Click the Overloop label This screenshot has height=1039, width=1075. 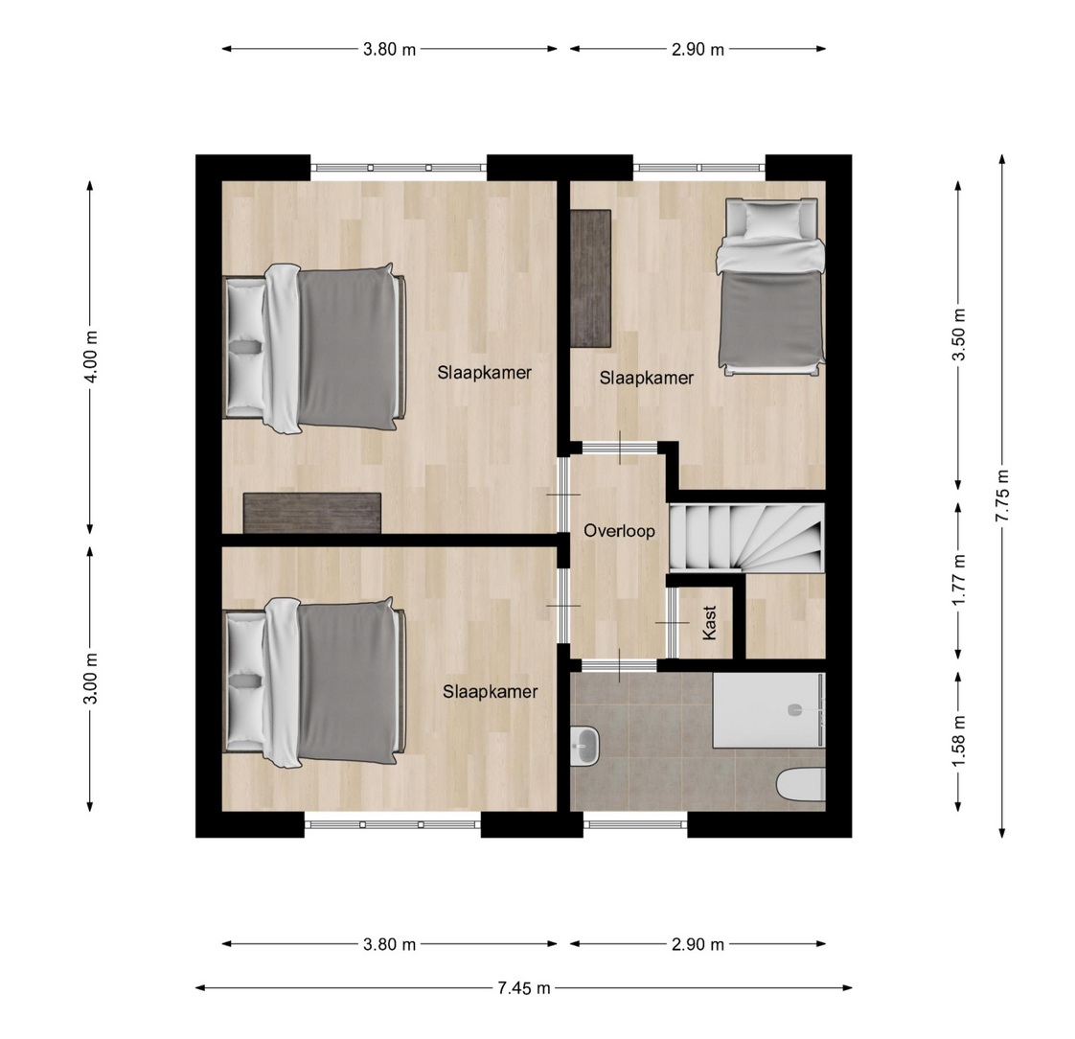point(619,531)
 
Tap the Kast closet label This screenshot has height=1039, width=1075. point(709,622)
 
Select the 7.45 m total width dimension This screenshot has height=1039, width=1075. point(524,988)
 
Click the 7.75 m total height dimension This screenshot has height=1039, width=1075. point(1002,496)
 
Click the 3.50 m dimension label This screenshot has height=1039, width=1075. point(959,334)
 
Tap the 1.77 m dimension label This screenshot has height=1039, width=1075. point(959,580)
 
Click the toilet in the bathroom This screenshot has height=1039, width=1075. point(801,785)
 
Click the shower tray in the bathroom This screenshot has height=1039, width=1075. point(768,710)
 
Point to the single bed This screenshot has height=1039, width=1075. point(770,287)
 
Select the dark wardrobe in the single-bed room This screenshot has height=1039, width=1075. point(590,278)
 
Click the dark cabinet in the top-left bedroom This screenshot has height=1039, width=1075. point(312,512)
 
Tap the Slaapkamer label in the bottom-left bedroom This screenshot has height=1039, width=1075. point(491,691)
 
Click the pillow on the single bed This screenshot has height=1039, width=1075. point(772,220)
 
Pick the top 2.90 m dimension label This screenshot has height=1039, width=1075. point(698,50)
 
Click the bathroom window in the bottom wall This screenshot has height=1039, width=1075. point(635,824)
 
